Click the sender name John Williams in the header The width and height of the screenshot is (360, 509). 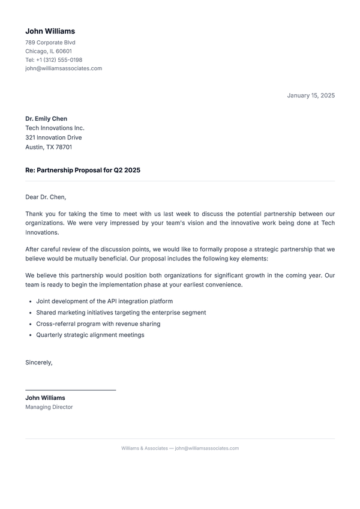(x=50, y=31)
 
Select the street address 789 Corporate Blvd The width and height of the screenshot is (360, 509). (x=50, y=43)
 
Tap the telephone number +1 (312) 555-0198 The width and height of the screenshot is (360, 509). (x=54, y=60)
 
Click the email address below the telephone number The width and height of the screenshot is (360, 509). (x=64, y=68)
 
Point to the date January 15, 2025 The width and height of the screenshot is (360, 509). (x=311, y=95)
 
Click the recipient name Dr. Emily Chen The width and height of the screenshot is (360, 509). (x=46, y=119)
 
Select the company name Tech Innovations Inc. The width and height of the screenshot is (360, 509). (x=55, y=128)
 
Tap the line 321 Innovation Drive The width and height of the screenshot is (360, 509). (x=53, y=137)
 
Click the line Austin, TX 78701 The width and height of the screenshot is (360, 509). (x=49, y=147)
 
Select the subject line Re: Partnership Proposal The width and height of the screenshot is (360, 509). (x=83, y=170)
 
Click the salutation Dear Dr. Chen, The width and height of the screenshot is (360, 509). (x=46, y=197)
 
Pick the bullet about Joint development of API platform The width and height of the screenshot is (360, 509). (x=104, y=301)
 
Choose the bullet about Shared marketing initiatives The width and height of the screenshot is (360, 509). (x=121, y=313)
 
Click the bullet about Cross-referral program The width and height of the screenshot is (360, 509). (x=98, y=324)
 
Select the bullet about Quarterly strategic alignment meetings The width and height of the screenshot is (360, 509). (x=90, y=335)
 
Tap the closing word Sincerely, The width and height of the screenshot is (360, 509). (x=39, y=363)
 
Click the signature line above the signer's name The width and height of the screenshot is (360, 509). (x=70, y=390)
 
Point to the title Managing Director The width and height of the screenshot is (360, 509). (x=49, y=407)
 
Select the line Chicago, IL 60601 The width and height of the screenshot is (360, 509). (x=49, y=52)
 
